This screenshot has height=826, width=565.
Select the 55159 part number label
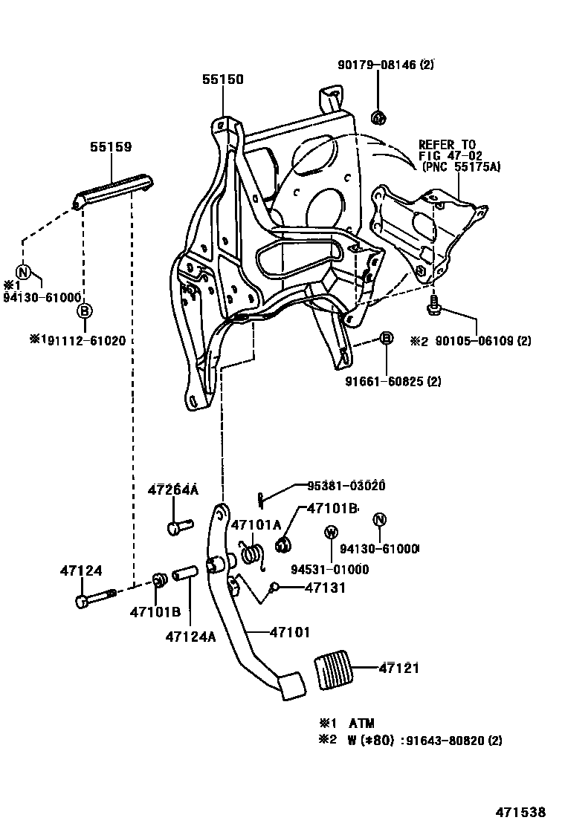click(111, 147)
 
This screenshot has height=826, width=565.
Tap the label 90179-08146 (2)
click(395, 65)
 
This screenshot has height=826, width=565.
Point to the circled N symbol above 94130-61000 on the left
click(23, 272)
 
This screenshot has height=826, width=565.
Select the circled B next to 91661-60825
click(386, 339)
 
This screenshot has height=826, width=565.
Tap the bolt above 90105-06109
click(433, 305)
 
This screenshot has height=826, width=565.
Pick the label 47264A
click(172, 490)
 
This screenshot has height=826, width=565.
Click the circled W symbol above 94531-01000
click(331, 532)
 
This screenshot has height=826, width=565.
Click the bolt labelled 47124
click(92, 597)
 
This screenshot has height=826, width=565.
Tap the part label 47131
click(325, 587)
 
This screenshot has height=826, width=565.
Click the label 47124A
click(190, 637)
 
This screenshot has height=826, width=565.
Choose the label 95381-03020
click(346, 487)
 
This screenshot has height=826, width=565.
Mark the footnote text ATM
click(361, 723)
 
